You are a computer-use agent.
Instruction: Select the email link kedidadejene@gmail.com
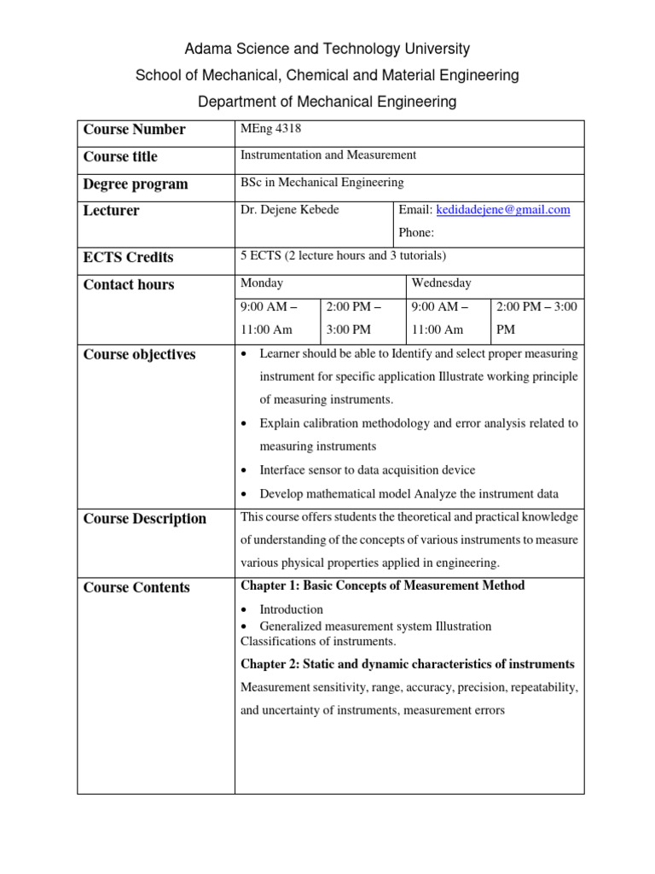[x=503, y=210]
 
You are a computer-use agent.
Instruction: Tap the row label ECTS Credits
[x=128, y=257]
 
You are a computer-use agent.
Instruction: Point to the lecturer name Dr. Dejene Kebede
[x=290, y=210]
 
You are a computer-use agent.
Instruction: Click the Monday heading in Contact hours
[x=263, y=283]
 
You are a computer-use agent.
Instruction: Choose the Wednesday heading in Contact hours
[x=441, y=283]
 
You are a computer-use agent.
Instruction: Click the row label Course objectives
[x=139, y=354]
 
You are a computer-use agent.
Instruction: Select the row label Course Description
[x=144, y=518]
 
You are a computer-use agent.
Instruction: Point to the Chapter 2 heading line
[x=408, y=664]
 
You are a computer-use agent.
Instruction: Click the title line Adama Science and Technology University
[x=327, y=49]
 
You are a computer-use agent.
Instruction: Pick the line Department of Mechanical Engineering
[x=327, y=102]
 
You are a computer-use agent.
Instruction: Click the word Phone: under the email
[x=416, y=232]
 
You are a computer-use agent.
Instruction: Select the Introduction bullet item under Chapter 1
[x=291, y=609]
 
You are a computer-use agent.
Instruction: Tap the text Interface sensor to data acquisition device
[x=368, y=469]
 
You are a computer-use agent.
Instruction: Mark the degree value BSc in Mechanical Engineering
[x=322, y=182]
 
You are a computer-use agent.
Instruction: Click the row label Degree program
[x=136, y=184]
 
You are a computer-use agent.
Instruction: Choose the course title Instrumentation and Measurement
[x=328, y=154]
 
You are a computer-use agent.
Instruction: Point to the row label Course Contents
[x=136, y=587]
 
